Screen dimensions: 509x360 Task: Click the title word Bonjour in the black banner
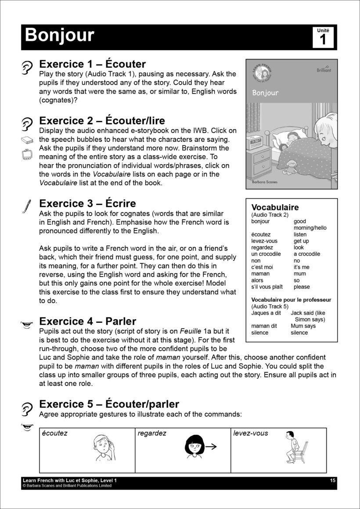(59, 35)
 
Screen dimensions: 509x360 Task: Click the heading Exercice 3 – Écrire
(87, 203)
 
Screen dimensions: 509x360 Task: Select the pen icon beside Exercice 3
(26, 206)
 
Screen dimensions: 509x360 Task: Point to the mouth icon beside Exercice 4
(27, 324)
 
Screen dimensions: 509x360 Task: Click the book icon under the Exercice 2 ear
(27, 140)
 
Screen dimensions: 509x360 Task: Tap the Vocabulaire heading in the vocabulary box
(275, 207)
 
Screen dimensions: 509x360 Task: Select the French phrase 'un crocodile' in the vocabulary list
(266, 254)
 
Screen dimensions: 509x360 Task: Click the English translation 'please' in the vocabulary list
(302, 287)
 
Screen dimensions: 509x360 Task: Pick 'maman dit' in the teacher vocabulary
(264, 326)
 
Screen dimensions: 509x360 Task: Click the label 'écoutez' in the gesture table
(54, 433)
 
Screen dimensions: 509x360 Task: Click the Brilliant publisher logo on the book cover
(324, 69)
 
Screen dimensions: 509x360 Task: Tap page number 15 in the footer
(333, 481)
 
